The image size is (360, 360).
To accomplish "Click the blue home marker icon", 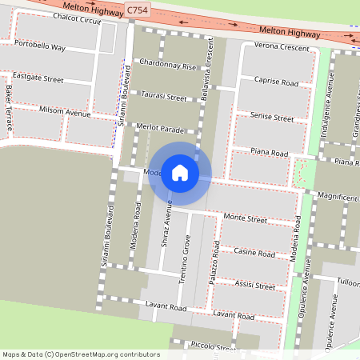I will [x=180, y=173].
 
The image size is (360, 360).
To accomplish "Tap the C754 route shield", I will [x=137, y=8].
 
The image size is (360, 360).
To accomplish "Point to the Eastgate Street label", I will [x=38, y=79].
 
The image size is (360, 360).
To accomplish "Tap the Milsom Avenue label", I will [x=66, y=114].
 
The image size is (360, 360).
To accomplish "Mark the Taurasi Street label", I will [x=163, y=98].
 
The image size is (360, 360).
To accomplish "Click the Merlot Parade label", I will [x=160, y=129].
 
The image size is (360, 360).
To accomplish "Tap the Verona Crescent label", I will [x=281, y=48].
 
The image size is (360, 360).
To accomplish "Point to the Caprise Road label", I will [x=276, y=82].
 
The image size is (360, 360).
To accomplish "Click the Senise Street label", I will [x=273, y=117].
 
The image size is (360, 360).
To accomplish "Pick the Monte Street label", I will [x=245, y=218].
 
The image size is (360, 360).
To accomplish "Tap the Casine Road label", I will [x=255, y=253].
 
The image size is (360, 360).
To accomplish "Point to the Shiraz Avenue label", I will [x=168, y=226].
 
